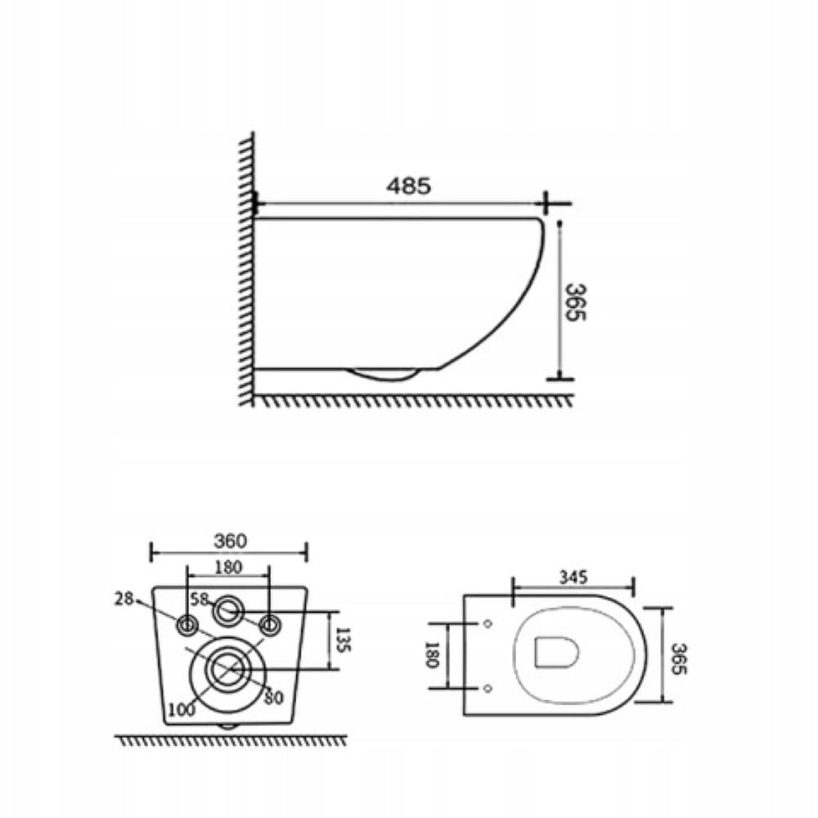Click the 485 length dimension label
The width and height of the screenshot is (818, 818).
click(408, 186)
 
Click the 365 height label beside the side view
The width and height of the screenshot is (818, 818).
click(576, 302)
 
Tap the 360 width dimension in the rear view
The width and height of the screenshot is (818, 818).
click(230, 541)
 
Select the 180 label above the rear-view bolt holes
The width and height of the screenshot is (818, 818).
click(228, 567)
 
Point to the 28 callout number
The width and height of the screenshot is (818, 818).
click(124, 599)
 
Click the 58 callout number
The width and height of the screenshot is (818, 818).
click(200, 600)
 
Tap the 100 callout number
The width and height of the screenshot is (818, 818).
click(182, 709)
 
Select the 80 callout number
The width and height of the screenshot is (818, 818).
click(273, 698)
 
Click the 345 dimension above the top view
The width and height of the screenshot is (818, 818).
click(573, 577)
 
